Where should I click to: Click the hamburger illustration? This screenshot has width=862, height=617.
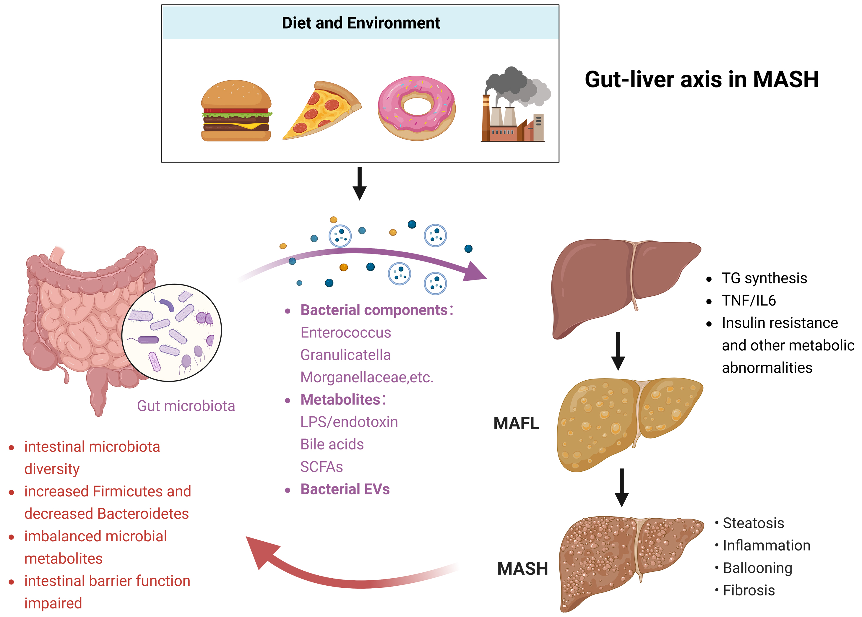(x=236, y=111)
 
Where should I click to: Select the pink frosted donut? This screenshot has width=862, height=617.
(x=416, y=108)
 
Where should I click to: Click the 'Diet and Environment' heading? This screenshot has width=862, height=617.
(x=361, y=23)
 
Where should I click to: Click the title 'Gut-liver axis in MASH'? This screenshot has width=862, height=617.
(x=701, y=79)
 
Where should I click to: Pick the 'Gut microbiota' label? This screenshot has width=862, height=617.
(x=186, y=406)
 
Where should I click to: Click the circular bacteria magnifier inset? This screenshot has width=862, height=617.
(x=172, y=332)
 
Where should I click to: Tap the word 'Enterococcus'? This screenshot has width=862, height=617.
(x=345, y=332)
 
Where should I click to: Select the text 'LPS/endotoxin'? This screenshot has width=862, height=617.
(x=349, y=422)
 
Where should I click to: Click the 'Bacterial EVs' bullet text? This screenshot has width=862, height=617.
(x=345, y=489)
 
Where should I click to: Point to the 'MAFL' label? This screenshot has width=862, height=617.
(x=516, y=423)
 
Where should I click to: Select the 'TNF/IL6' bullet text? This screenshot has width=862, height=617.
(x=749, y=301)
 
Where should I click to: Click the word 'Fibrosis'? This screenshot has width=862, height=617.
(x=749, y=590)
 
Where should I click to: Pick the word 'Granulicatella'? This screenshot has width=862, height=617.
(x=345, y=355)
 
